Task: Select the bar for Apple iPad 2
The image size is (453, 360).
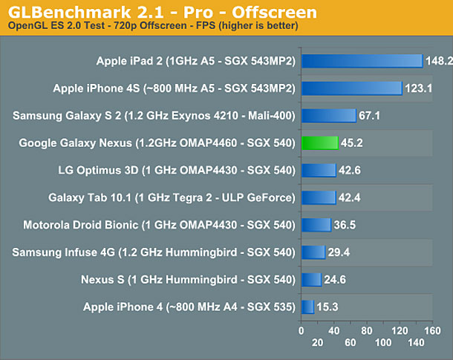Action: point(362,61)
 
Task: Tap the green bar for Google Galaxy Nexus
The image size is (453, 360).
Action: point(319,143)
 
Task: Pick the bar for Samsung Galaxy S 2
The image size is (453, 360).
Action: point(328,115)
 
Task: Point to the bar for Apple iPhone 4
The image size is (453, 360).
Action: point(307,306)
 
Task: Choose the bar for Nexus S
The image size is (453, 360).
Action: point(311,279)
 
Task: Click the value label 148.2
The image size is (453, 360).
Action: point(439,62)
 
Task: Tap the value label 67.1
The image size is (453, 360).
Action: point(369,116)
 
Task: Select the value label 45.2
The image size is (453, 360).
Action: point(351,143)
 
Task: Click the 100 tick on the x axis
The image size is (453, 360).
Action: point(384,343)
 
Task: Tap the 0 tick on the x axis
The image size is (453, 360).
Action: point(301,330)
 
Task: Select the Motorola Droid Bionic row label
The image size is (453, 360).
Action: point(159,224)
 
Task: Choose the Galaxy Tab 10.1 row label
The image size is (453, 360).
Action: point(172,197)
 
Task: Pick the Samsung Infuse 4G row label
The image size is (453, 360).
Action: point(154,252)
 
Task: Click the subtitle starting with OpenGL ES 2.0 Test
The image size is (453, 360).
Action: point(153,27)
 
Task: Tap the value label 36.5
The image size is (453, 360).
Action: point(344,225)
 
